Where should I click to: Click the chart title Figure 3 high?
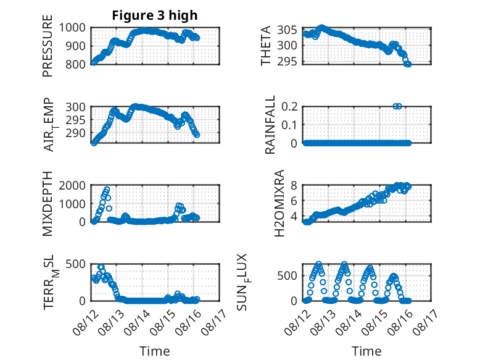coord(155,15)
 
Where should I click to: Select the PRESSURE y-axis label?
coord(48,46)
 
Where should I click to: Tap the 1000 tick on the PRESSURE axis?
coord(72,28)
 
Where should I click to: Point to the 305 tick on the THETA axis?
coord(287,30)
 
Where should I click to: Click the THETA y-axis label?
coord(266,46)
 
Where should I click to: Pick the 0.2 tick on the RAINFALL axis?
coord(289,106)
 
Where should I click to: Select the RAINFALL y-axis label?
coord(270,125)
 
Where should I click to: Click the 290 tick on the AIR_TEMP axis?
coord(75,133)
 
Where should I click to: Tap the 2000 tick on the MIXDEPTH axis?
coord(72,185)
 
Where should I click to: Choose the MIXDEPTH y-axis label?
coord(48,204)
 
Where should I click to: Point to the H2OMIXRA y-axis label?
coord(279,203)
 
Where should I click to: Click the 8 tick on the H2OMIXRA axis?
coord(294,185)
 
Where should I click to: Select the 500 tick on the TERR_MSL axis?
coord(75,264)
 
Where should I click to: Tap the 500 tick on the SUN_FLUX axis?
coord(287,276)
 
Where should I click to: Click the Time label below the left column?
coord(155,351)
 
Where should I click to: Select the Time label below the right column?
coord(366,351)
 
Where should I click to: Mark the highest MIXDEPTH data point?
coord(107,190)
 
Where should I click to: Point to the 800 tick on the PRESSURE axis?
coord(75,65)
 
